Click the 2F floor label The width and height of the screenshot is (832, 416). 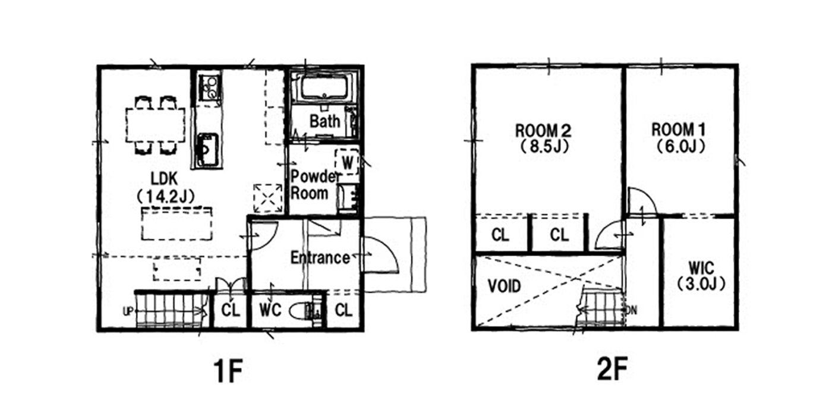pos(612,369)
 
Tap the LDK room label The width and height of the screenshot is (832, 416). pos(164,179)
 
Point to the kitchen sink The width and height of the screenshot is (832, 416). pos(207,150)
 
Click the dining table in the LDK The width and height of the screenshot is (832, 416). pos(155,125)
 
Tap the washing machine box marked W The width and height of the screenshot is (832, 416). pos(347,162)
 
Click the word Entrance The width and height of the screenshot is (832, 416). pos(320,257)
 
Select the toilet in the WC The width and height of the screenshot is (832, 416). pos(304,311)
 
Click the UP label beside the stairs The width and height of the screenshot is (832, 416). pos(128,311)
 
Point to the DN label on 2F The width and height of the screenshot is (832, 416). pos(632,310)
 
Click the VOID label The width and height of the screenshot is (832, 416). pos(504,286)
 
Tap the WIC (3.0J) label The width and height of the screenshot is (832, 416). pos(701,276)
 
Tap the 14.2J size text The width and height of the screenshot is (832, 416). pos(166,197)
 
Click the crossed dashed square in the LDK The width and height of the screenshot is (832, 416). pos(267,198)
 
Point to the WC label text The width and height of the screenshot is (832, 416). pos(270,310)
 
